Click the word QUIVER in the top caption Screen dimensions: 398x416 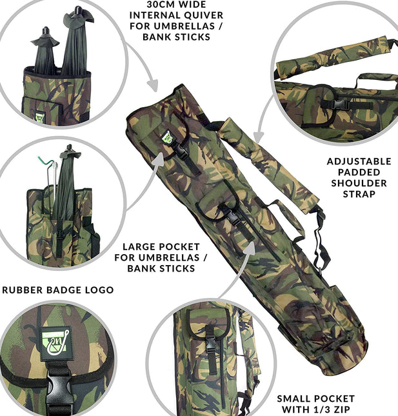(x=204, y=15)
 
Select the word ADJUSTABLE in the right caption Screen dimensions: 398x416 (x=359, y=161)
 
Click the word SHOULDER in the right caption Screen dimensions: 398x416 (x=359, y=183)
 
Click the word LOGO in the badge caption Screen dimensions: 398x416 (x=99, y=290)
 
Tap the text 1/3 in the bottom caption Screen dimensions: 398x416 (x=318, y=409)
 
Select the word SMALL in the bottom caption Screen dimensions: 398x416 (x=294, y=399)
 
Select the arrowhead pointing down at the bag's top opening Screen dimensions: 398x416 (x=153, y=85)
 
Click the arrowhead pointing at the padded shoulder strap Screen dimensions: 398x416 (x=258, y=137)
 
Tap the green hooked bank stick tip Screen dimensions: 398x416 (x=45, y=160)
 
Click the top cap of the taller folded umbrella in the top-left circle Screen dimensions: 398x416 (x=77, y=10)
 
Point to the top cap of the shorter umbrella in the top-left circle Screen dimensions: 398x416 (x=45, y=30)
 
